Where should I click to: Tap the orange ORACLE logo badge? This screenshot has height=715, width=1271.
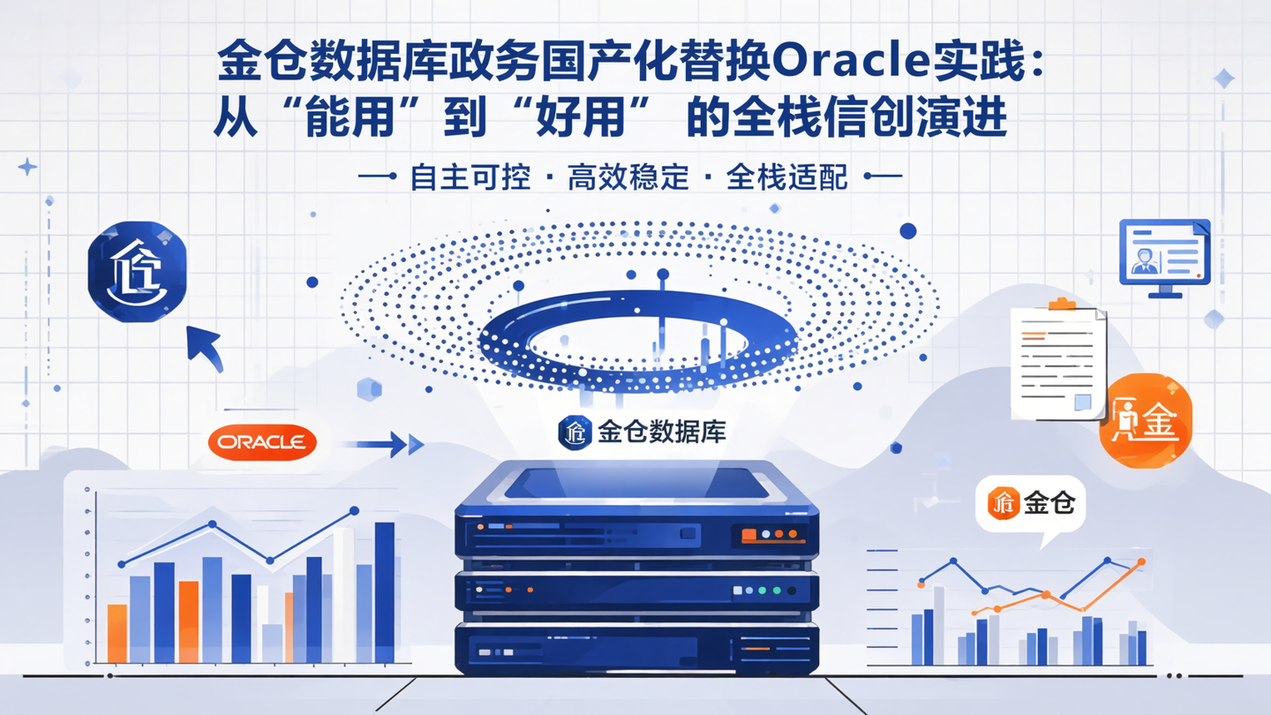[262, 441]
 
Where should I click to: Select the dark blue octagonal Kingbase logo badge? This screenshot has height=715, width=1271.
[137, 272]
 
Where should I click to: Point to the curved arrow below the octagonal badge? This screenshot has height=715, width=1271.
[204, 347]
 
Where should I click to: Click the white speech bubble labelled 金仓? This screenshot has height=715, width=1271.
[1030, 505]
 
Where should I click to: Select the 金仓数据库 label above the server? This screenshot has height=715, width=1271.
[643, 432]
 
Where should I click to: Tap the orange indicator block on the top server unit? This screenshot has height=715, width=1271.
[748, 534]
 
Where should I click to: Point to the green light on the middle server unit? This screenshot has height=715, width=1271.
[777, 591]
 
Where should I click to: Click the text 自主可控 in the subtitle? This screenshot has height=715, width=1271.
[471, 177]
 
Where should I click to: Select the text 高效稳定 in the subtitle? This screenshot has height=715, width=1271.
[628, 177]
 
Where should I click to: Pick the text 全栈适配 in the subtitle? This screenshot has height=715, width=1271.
[786, 177]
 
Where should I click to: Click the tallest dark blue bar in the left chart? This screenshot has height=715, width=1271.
[385, 591]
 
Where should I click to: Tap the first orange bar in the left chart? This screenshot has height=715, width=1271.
[117, 633]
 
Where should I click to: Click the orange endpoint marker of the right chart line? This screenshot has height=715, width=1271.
[1141, 561]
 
